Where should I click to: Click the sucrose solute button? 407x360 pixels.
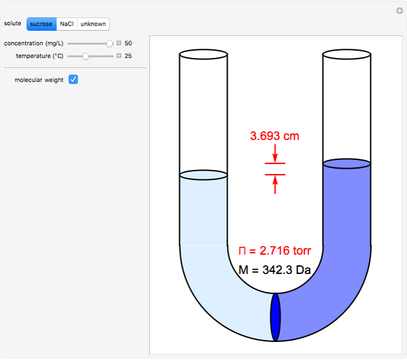pos(41,24)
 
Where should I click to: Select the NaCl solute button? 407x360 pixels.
pos(67,24)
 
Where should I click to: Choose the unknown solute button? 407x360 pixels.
pos(93,24)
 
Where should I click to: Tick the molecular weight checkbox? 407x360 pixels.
pos(73,79)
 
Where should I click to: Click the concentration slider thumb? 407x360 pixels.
pos(109,43)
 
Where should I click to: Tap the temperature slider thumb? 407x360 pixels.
pos(85,56)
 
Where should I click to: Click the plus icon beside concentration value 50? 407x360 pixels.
pos(119,43)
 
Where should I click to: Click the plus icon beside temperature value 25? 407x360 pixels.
pos(119,56)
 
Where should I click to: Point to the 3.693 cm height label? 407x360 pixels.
pos(275,136)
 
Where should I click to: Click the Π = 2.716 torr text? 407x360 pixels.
pos(275,251)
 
